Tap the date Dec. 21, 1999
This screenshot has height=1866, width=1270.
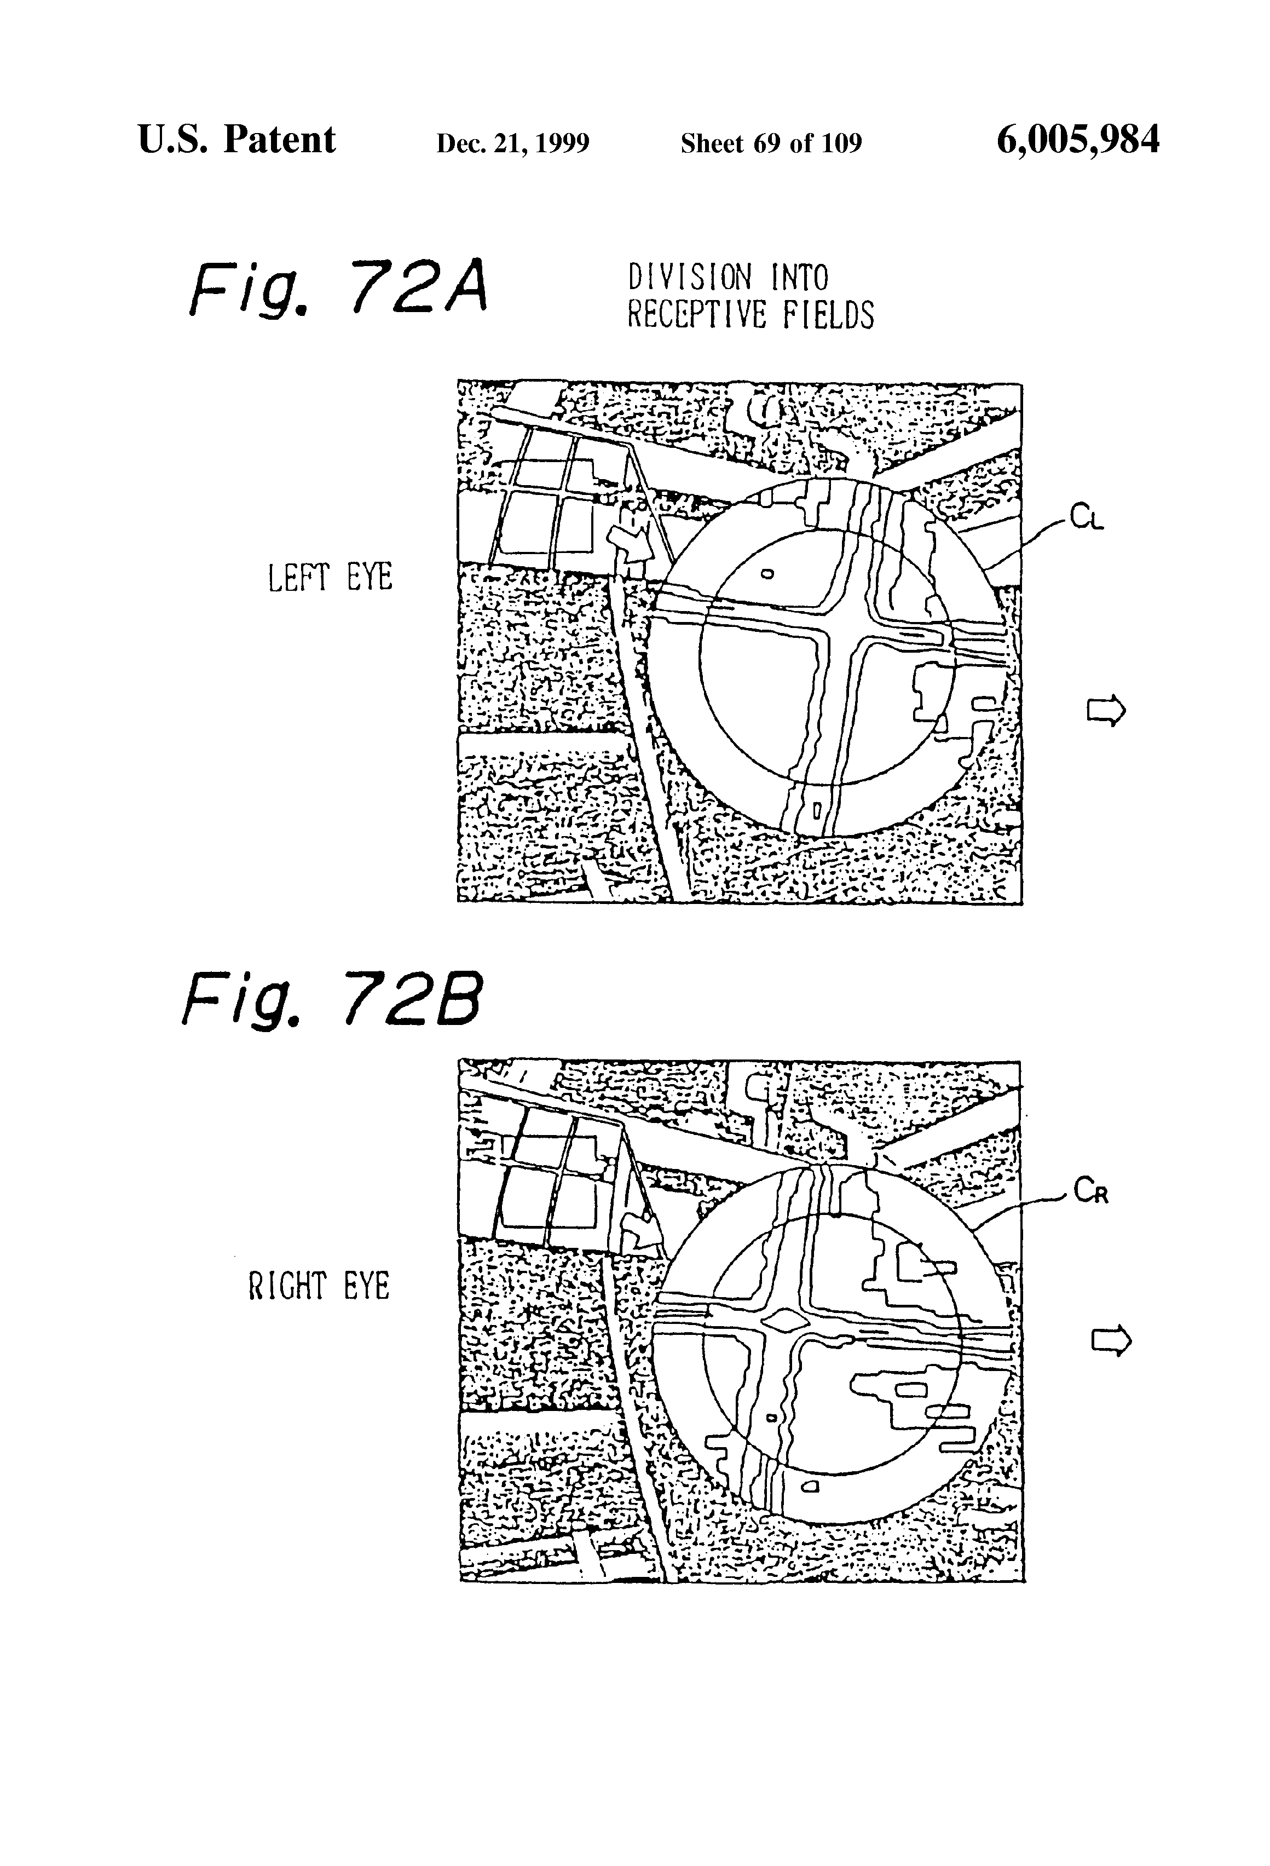512,143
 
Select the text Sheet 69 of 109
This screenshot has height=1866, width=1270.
771,143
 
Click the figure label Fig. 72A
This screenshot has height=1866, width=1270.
338,287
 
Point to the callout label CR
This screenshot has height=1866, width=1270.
1091,1193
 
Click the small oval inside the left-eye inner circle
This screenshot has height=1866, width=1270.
767,574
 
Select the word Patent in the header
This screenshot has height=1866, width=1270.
279,141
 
